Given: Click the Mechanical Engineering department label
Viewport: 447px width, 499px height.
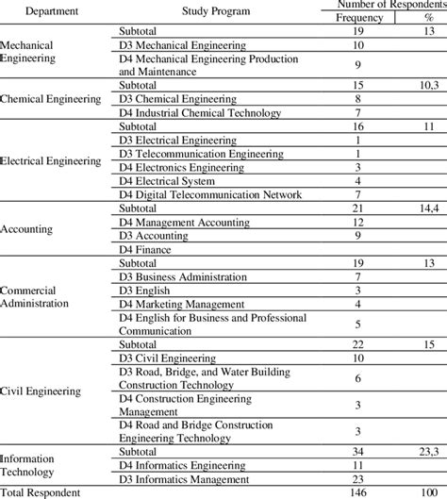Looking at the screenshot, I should tap(29, 51).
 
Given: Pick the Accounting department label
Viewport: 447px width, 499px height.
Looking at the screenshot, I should tap(27, 228).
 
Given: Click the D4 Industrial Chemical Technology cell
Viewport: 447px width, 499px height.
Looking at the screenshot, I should tap(201, 112).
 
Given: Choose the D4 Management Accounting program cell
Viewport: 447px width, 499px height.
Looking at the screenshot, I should tap(183, 222).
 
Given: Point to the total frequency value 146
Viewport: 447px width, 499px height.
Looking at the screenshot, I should tap(359, 492).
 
